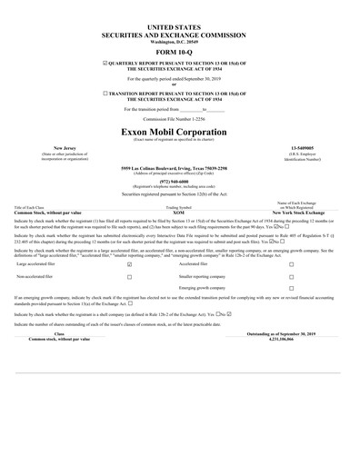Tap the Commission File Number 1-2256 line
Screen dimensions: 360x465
[x=180, y=120]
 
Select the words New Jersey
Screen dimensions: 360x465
[x=65, y=146]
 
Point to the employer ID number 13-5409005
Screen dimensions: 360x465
[x=296, y=146]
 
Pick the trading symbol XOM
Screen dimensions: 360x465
[x=180, y=210]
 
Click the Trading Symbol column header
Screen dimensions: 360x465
[x=180, y=205]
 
